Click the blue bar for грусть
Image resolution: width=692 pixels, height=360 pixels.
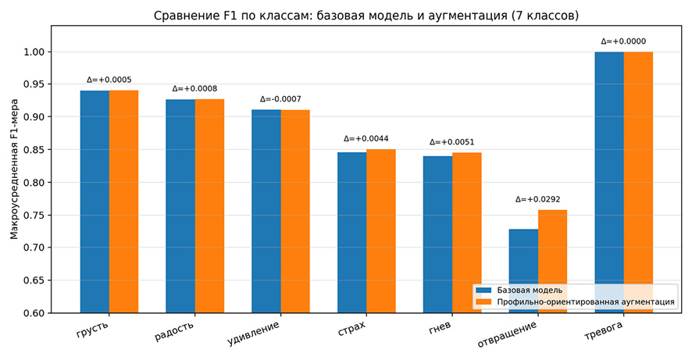(x=95, y=201)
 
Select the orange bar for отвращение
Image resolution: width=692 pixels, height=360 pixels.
(x=552, y=261)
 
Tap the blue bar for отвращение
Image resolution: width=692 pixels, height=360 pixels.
(x=523, y=271)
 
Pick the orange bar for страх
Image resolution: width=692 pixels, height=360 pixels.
(x=381, y=231)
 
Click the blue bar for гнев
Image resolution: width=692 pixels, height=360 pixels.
(x=438, y=234)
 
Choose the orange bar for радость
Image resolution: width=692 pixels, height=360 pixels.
(x=209, y=206)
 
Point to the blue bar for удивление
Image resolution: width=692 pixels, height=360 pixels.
(x=266, y=212)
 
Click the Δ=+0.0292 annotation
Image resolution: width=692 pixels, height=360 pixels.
(x=537, y=199)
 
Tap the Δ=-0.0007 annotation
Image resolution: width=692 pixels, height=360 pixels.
(x=280, y=99)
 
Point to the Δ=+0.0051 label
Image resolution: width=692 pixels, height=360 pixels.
(x=452, y=142)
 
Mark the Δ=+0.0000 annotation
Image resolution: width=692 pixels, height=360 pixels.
(x=623, y=41)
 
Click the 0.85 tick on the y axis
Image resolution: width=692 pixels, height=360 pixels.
(x=34, y=150)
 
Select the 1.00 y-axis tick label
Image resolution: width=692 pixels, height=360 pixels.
(x=34, y=52)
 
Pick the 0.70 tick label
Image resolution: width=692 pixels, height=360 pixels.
(x=34, y=248)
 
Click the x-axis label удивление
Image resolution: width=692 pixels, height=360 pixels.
(x=253, y=333)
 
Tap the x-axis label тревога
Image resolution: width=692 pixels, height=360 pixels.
(x=604, y=331)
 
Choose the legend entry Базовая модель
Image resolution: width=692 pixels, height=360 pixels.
(x=530, y=290)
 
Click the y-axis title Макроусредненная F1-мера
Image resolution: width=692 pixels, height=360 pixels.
(x=14, y=169)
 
